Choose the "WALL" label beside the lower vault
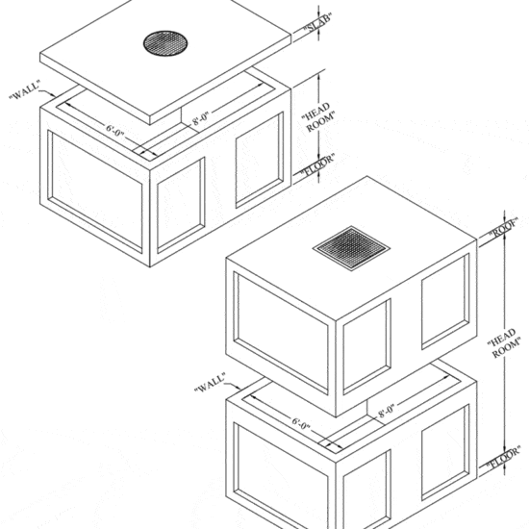(208, 385)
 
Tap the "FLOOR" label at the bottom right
(503, 463)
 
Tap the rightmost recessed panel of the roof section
(443, 299)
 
